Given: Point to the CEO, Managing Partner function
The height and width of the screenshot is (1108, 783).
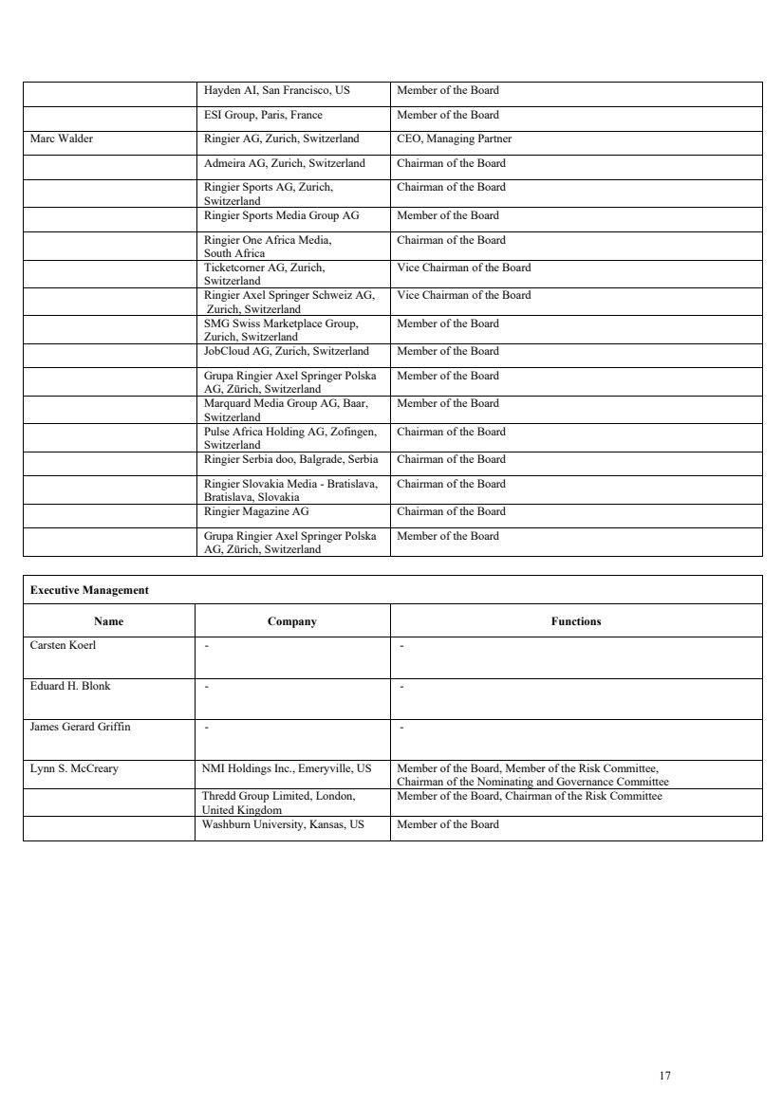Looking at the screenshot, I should (454, 138).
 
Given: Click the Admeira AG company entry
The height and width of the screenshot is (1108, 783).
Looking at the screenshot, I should (285, 163).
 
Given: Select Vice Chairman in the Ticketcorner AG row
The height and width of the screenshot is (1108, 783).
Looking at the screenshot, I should (464, 268).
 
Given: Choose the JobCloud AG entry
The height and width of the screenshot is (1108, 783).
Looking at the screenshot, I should (286, 351).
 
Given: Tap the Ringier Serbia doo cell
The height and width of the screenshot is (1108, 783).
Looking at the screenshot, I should (290, 459).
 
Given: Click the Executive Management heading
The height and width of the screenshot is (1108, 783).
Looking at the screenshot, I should (89, 590).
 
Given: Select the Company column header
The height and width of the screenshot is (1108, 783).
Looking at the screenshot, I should (292, 622).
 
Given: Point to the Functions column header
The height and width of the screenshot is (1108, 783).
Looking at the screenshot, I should (576, 622).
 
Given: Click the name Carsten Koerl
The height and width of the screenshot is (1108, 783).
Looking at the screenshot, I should (64, 646).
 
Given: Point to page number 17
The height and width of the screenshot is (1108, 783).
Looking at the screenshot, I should (664, 1076).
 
